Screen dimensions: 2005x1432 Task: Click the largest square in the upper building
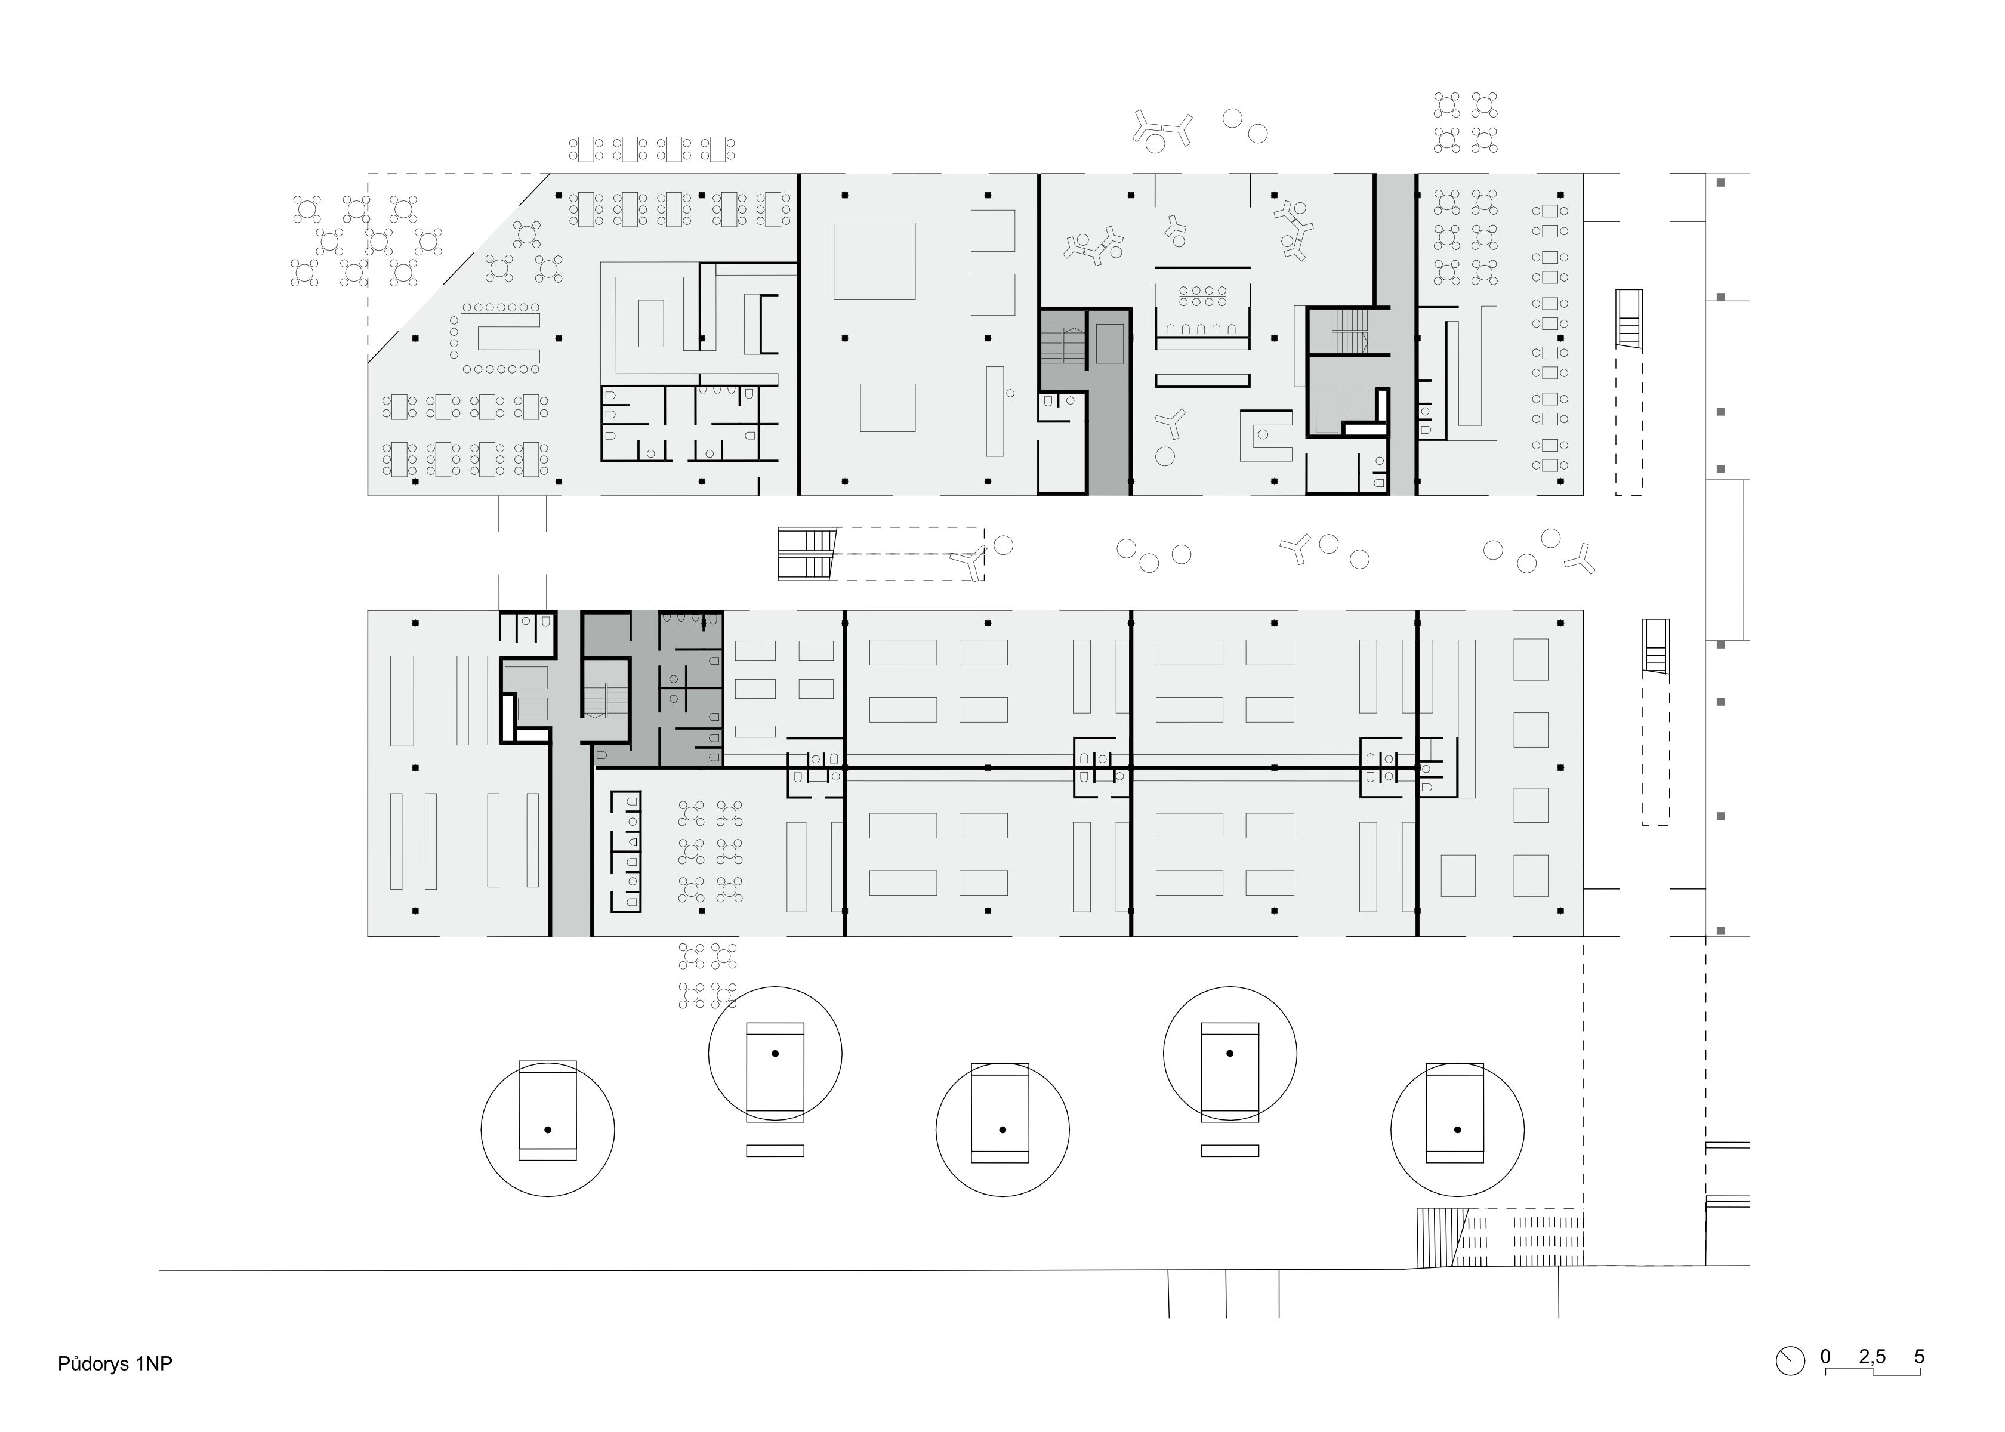pos(874,261)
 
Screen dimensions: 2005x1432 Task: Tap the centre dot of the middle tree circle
pos(1002,1129)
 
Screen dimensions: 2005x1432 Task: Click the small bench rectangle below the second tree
pos(775,1151)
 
